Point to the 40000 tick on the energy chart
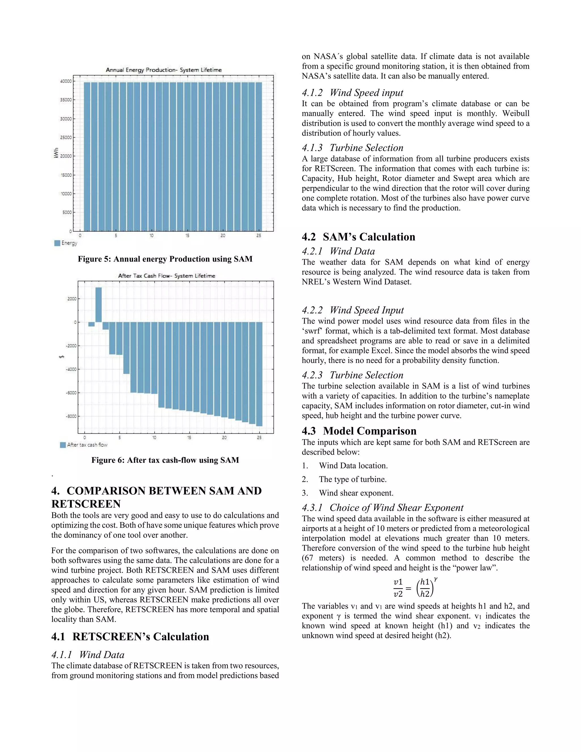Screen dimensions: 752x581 pos(66,81)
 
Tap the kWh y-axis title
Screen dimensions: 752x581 pos(56,153)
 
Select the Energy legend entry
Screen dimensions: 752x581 pos(66,243)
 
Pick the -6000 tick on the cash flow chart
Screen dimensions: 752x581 pos(71,393)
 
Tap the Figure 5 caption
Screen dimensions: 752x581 pos(165,259)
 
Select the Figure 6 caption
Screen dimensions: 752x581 pos(165,460)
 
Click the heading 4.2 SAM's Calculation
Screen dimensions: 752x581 pos(358,237)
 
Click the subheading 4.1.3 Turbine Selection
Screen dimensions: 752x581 pos(352,148)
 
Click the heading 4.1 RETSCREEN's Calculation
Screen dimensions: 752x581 pos(130,637)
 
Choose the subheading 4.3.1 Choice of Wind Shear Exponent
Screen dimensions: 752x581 pos(382,508)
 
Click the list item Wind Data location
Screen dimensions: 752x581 pos(353,465)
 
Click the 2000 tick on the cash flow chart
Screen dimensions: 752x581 pos(72,299)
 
